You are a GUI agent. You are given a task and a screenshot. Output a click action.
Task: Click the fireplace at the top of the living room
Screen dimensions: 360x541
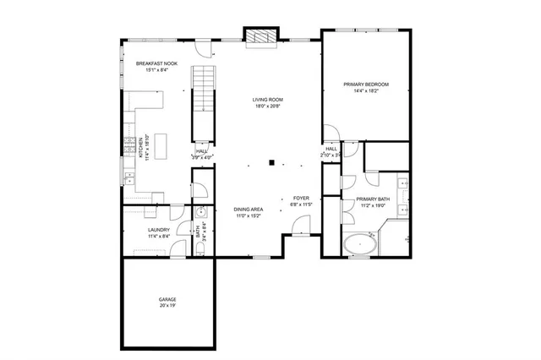[261, 35]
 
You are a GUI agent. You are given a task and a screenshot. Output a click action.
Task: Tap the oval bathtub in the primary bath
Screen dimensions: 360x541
[362, 245]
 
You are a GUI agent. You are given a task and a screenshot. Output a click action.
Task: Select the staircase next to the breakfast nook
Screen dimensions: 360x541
[203, 88]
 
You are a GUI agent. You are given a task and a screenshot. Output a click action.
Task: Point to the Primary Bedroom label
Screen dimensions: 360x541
[365, 84]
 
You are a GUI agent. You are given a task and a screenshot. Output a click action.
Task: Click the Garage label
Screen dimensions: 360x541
[167, 299]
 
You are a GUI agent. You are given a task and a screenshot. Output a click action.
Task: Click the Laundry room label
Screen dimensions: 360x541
[159, 229]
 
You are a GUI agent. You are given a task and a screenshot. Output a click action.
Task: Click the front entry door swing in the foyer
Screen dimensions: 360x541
[298, 224]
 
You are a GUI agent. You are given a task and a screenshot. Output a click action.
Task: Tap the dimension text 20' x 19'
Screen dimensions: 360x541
[167, 306]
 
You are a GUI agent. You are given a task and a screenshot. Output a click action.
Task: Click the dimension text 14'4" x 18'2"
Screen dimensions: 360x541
[365, 90]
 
